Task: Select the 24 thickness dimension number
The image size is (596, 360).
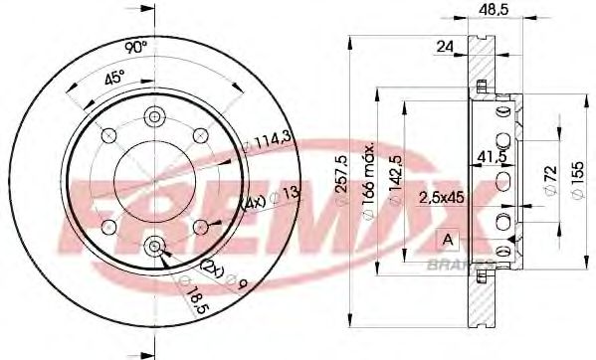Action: point(445,45)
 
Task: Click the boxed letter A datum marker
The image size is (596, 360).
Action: point(447,238)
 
